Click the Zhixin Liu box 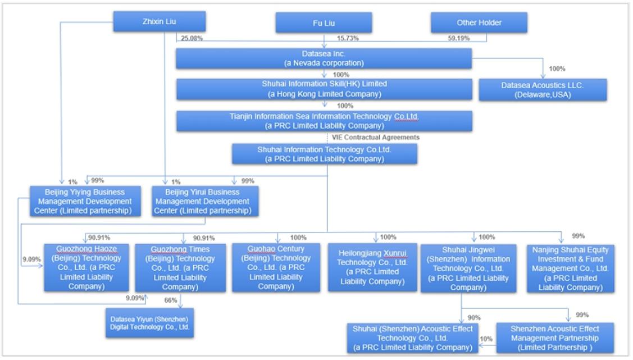160,22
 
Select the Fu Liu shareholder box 324,23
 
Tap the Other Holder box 479,22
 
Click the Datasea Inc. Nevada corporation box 324,58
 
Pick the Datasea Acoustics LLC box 543,90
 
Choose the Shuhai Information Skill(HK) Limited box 324,89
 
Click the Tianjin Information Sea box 324,121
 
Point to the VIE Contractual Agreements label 376,137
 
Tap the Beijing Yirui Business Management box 204,201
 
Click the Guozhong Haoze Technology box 86,267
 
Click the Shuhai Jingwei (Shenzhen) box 468,268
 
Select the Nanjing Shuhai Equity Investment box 570,268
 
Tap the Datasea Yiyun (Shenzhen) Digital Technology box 149,323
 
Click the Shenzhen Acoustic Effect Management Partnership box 554,338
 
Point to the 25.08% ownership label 192,38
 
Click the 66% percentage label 171,300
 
